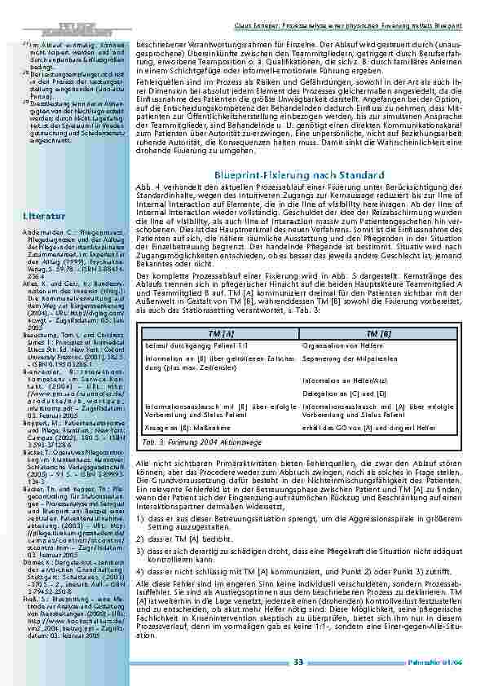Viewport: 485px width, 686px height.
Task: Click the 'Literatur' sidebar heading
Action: coord(40,216)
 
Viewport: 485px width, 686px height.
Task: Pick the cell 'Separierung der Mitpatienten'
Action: coord(364,359)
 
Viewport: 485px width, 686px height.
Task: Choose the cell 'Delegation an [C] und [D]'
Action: coord(355,393)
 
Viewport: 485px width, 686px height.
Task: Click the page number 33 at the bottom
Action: coord(298,661)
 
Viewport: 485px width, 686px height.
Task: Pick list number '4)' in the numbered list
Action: coord(139,571)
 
